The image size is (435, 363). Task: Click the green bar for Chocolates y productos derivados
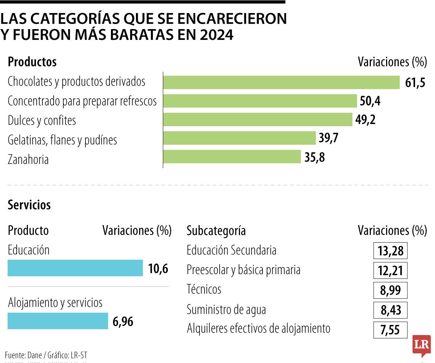(281, 82)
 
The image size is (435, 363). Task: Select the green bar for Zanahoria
(232, 157)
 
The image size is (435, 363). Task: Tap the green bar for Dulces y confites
(258, 120)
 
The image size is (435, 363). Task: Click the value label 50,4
(370, 101)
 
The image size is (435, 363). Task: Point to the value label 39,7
(328, 139)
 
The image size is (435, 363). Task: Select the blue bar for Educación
(75, 268)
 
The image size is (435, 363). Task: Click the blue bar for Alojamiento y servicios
(58, 321)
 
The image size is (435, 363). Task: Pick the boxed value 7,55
(390, 330)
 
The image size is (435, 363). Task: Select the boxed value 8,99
(390, 290)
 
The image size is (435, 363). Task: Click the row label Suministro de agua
(226, 310)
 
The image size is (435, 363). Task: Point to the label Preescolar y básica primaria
(243, 270)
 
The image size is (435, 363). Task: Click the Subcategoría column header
(216, 231)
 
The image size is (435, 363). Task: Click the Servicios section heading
(29, 205)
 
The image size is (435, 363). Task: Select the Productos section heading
(32, 62)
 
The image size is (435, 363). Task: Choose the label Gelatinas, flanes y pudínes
(62, 140)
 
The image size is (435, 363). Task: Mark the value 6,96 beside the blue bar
(123, 321)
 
